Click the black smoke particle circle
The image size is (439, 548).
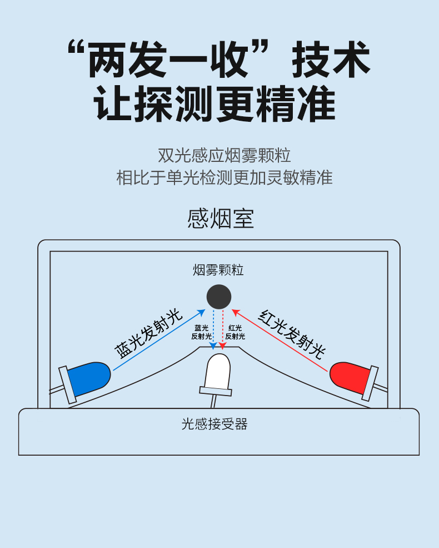[219, 297]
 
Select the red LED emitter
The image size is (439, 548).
[350, 377]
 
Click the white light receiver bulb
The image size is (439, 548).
[218, 372]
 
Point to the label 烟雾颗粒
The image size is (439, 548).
[218, 270]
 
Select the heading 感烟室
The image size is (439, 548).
[220, 219]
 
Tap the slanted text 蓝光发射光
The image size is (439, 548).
[149, 334]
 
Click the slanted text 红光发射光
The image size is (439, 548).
[291, 334]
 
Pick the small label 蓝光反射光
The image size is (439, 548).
[202, 332]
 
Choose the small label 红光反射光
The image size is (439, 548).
[235, 332]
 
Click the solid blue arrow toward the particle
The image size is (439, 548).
[159, 339]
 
